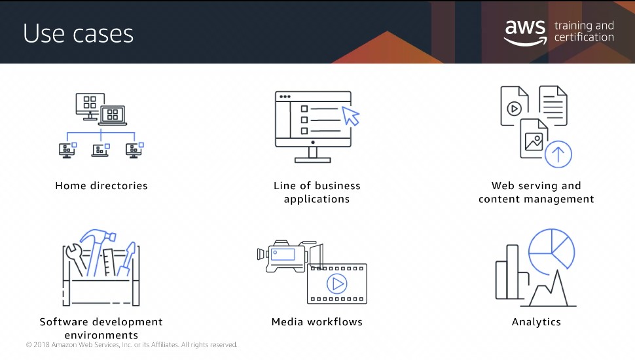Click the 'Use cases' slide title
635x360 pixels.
(78, 33)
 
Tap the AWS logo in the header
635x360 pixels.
(525, 32)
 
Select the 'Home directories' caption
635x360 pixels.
(101, 186)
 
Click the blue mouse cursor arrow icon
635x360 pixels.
(351, 116)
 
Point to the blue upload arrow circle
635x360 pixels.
(558, 154)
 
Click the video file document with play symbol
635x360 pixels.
(515, 105)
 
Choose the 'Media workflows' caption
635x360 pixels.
(317, 322)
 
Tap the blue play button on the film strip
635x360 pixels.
(337, 284)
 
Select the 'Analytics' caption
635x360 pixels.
(536, 322)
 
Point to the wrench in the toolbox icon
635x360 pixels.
(76, 259)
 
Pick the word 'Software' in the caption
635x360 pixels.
(63, 322)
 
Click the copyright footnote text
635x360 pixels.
(132, 344)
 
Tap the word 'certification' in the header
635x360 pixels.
(584, 37)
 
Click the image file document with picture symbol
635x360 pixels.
(534, 139)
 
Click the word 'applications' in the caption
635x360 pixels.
(317, 199)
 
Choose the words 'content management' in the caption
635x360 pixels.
(536, 199)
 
